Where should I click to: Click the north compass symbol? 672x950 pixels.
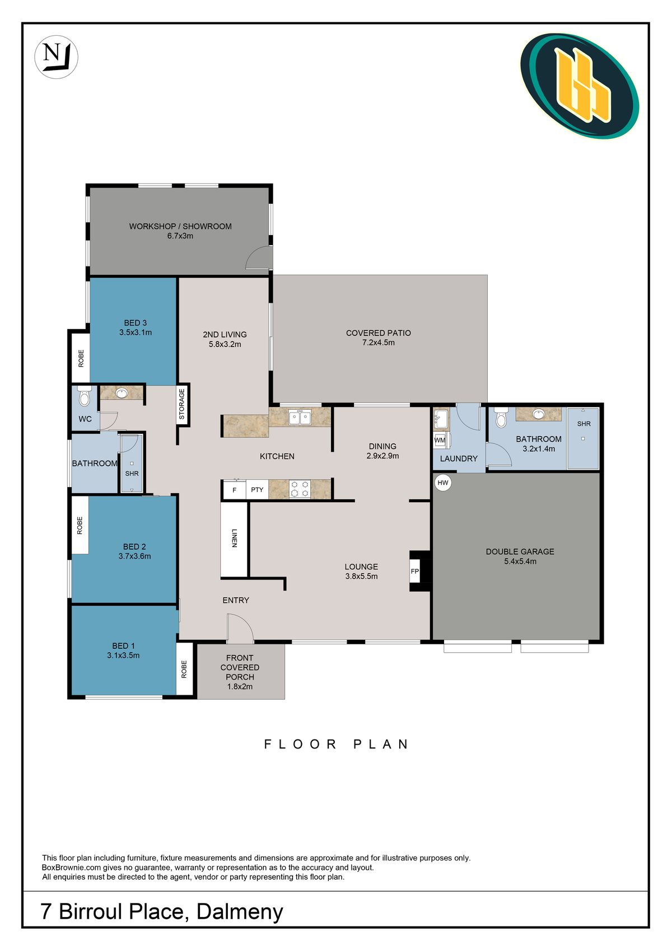56,57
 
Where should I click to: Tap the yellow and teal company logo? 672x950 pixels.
580,86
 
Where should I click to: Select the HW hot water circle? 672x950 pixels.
442,483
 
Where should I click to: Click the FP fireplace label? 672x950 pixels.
414,571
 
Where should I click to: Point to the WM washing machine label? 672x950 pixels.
440,440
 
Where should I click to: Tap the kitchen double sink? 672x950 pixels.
300,417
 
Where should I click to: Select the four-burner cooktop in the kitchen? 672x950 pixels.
300,489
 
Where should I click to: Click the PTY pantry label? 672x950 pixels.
257,490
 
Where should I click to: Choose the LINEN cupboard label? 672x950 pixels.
234,538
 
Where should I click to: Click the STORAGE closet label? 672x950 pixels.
182,404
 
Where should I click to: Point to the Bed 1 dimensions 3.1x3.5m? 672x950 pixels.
123,655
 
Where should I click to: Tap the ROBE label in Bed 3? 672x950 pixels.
81,358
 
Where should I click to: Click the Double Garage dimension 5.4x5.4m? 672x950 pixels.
520,561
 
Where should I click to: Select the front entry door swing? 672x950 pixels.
240,627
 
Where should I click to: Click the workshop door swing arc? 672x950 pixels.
259,256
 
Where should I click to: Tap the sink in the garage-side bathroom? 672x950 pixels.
538,414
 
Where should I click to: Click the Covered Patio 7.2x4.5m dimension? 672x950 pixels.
379,342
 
